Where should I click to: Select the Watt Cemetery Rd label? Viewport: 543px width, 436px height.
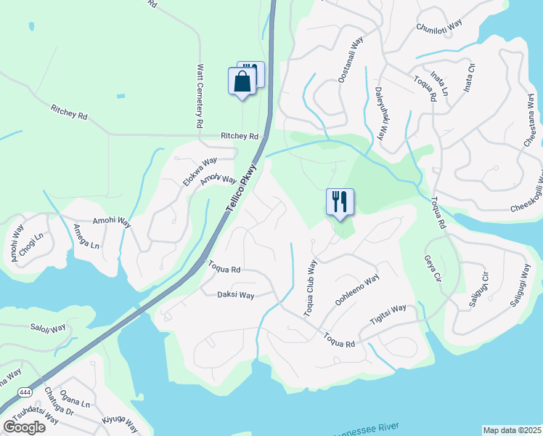200,96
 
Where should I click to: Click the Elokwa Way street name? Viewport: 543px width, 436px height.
200,171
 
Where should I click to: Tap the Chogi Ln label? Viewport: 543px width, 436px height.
33,239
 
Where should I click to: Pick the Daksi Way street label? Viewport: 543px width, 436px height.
236,295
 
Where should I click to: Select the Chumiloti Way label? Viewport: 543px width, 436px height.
439,27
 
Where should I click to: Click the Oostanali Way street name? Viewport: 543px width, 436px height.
348,60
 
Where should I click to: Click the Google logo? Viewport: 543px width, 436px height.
24,427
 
